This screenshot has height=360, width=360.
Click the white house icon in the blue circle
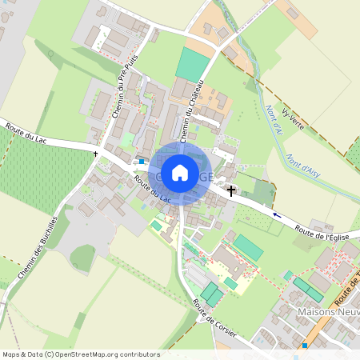(x=180, y=171)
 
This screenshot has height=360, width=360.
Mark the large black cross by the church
(x=232, y=190)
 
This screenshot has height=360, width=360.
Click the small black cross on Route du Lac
(x=95, y=152)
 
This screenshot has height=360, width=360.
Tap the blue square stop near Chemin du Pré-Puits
(x=142, y=162)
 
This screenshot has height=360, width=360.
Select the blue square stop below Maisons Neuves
(x=305, y=346)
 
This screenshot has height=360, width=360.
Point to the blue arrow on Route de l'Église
(x=277, y=214)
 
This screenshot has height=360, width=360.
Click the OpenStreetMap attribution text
(x=81, y=354)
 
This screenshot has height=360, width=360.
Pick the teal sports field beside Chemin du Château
(x=191, y=63)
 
